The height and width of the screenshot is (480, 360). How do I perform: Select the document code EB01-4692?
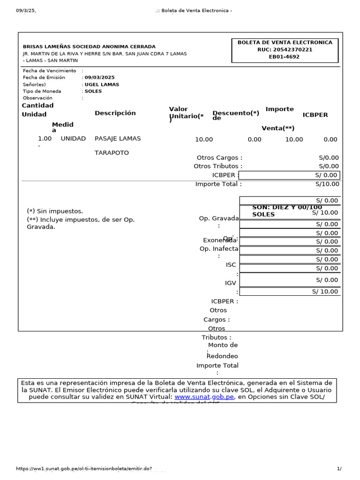[x=284, y=57]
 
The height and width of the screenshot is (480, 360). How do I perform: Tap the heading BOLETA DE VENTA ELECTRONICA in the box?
[x=285, y=43]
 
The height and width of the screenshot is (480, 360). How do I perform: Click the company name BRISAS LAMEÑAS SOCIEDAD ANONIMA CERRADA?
[x=89, y=47]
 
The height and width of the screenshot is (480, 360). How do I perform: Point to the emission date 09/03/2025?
[x=99, y=78]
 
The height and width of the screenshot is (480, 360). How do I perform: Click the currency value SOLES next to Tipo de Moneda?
[x=93, y=91]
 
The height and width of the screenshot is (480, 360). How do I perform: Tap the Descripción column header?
[x=115, y=113]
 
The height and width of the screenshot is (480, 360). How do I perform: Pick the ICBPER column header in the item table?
[x=315, y=115]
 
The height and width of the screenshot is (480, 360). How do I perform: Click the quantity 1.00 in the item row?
[x=45, y=139]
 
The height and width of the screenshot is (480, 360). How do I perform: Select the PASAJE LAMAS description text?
[x=118, y=139]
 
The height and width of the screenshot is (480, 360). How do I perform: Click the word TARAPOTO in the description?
[x=112, y=153]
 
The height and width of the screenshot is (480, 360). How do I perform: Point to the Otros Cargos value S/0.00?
[x=329, y=158]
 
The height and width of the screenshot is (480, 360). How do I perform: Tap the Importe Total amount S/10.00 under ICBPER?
[x=327, y=184]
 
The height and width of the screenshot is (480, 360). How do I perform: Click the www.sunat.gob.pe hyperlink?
[x=204, y=397]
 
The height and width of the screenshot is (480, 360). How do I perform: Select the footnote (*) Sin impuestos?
[x=55, y=211]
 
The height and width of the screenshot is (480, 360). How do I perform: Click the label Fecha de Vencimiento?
[x=49, y=71]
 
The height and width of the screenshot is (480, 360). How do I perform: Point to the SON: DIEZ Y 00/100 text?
[x=287, y=207]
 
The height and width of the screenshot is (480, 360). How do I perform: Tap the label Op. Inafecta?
[x=219, y=249]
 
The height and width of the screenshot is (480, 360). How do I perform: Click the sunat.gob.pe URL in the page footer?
[x=84, y=469]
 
